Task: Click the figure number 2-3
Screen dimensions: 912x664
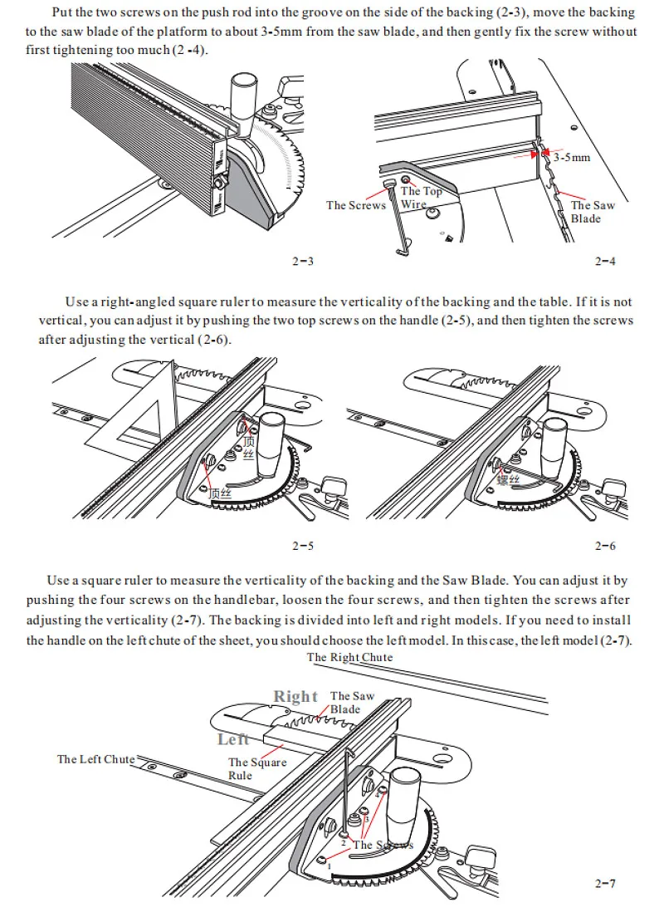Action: pos(303,262)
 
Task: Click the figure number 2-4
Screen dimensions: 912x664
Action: pos(605,262)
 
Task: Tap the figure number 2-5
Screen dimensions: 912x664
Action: pos(303,546)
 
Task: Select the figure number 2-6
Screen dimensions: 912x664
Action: pos(605,546)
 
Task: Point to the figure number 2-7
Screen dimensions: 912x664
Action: pos(605,883)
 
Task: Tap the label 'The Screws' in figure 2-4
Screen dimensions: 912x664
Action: pos(355,205)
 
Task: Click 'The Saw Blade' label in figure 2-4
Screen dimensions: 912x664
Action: pos(592,212)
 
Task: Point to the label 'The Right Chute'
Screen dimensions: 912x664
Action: pos(349,657)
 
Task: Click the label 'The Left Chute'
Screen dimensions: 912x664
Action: pos(95,759)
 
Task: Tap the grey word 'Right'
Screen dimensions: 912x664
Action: pos(295,696)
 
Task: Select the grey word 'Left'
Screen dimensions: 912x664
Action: pos(233,739)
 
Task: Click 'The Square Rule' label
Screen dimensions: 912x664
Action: pos(257,768)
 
